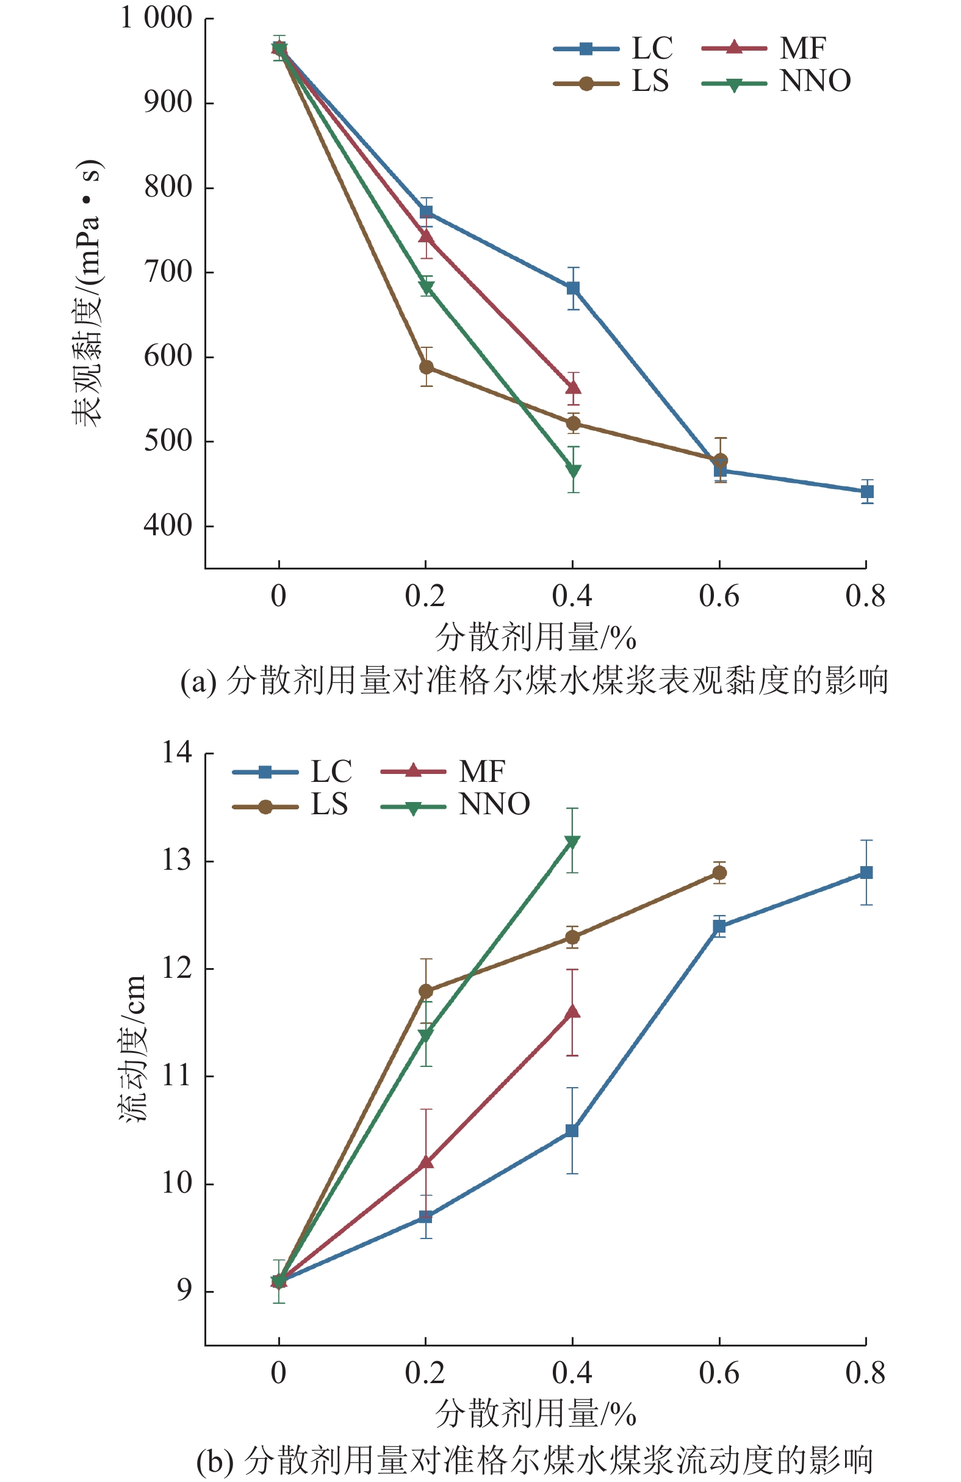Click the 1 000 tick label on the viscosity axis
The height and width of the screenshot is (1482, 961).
tap(156, 18)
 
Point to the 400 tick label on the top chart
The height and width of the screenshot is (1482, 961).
tap(168, 526)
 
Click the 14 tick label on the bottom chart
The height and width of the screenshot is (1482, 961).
tap(178, 753)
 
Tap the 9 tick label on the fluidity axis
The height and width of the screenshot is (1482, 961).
tap(185, 1291)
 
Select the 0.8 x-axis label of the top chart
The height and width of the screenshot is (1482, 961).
tap(865, 596)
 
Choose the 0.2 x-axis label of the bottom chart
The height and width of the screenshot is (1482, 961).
tap(425, 1373)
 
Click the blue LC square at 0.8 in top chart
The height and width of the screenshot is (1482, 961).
tap(866, 492)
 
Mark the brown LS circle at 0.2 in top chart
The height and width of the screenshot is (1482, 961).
tap(427, 367)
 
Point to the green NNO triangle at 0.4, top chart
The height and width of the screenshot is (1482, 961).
tap(573, 470)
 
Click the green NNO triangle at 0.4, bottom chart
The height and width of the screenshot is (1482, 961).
tap(572, 842)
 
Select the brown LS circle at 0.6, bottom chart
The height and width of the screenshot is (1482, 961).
tap(719, 873)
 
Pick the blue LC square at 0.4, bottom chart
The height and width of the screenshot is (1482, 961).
tap(572, 1131)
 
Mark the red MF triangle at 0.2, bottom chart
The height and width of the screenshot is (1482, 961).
tap(426, 1162)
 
